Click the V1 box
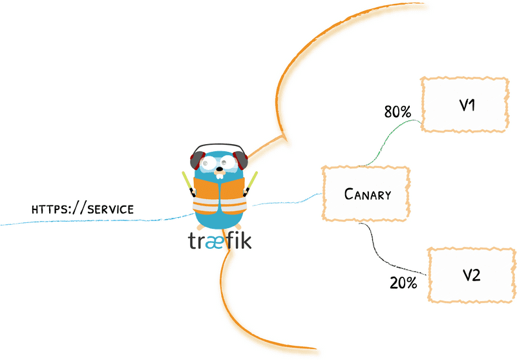tap(463, 105)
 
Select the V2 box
tap(470, 275)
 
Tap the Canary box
tap(366, 194)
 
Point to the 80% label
tap(397, 112)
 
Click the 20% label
tap(403, 282)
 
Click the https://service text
tap(83, 209)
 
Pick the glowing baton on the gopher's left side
tap(185, 182)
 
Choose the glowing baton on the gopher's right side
tap(253, 182)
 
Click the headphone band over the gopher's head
tap(218, 145)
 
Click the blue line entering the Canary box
tap(291, 199)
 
